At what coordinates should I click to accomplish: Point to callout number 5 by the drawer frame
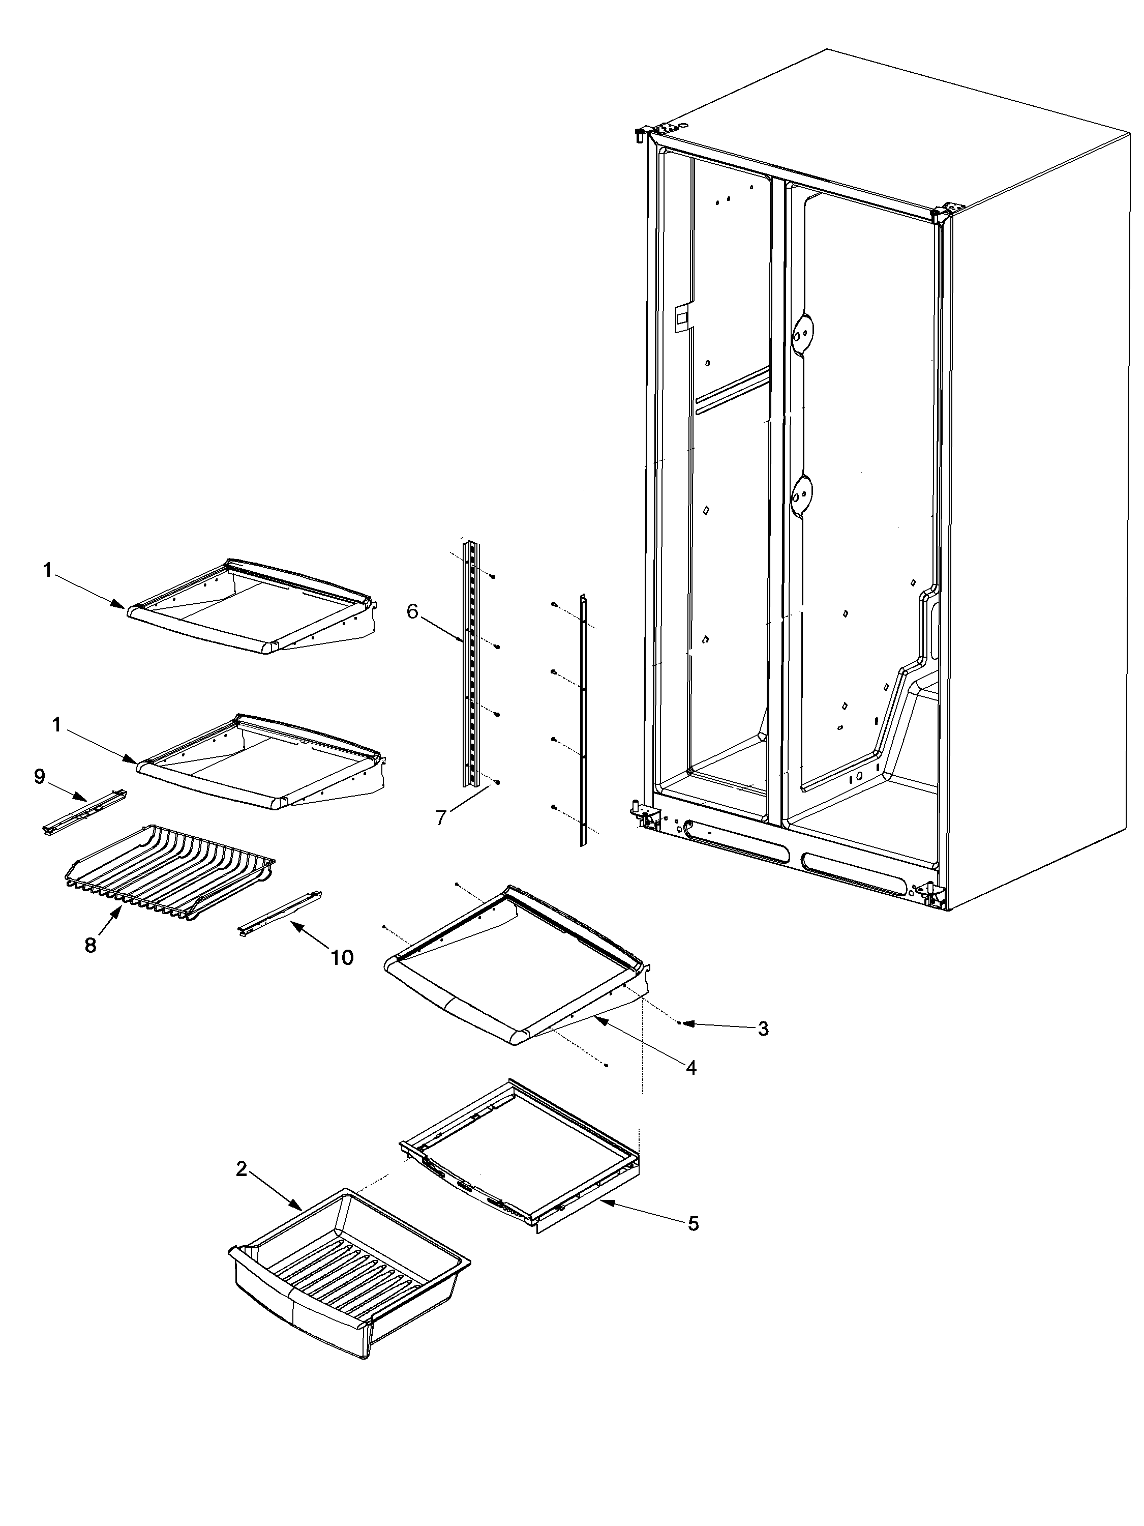(693, 1223)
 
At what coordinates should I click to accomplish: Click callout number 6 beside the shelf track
(412, 611)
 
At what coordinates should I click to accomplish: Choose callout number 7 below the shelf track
(441, 818)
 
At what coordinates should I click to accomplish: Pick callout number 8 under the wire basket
(91, 945)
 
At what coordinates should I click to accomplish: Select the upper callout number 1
(47, 571)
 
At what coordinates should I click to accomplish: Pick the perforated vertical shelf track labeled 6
(472, 662)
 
